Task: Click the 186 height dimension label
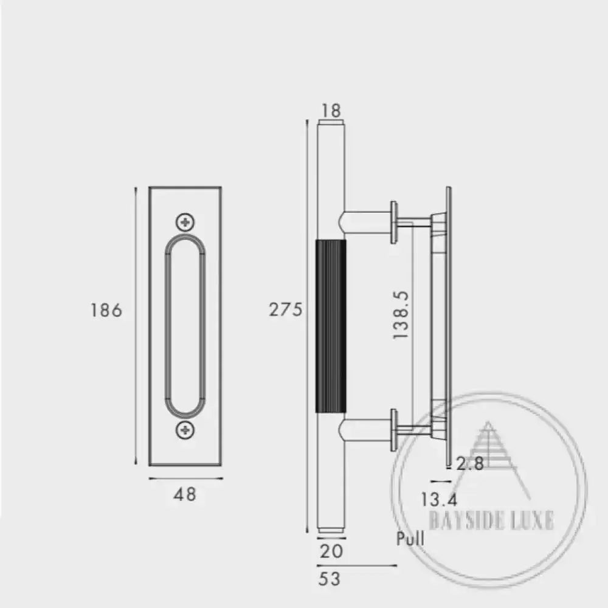tap(106, 310)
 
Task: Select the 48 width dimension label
tap(185, 495)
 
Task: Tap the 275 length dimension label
tap(285, 310)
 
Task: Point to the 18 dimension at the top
tap(331, 111)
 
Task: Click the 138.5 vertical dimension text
tap(401, 314)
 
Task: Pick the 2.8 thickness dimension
tap(469, 464)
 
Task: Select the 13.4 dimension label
tap(439, 500)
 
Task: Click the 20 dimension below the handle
tap(331, 551)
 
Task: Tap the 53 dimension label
tap(330, 580)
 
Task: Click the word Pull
tap(410, 539)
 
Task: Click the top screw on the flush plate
tap(185, 222)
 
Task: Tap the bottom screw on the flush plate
tap(185, 430)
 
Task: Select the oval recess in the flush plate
tap(185, 326)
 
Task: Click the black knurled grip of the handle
tap(331, 326)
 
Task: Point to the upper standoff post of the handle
tap(368, 222)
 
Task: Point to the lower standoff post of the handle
tap(368, 429)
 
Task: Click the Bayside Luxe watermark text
tap(491, 521)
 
